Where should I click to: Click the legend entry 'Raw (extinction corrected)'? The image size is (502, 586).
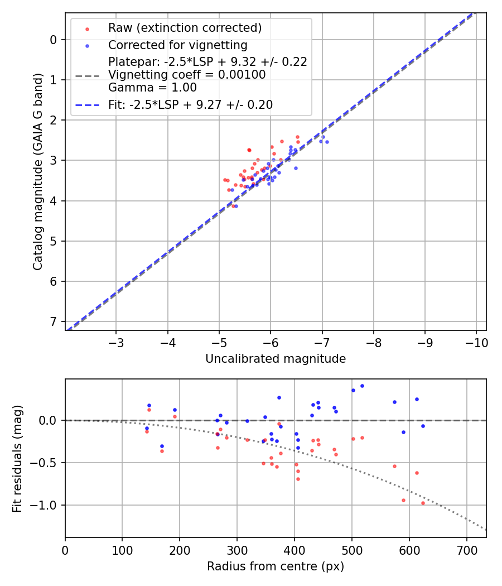click(x=185, y=28)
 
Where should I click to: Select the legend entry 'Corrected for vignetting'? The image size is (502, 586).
click(x=177, y=45)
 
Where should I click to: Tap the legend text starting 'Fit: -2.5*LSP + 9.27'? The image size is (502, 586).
click(x=190, y=104)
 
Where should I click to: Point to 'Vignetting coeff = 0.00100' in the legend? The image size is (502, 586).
click(x=187, y=75)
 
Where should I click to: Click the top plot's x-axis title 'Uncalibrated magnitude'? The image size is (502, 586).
click(x=276, y=359)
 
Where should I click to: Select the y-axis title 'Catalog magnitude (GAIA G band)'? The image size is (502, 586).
click(x=37, y=172)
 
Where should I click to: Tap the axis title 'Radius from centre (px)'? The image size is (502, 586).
click(x=276, y=566)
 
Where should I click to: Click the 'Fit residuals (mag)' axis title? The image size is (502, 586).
click(x=17, y=458)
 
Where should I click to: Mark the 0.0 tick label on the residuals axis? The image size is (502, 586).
click(x=50, y=420)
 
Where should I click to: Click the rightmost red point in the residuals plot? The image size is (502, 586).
click(x=423, y=503)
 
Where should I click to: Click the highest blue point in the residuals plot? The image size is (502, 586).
click(x=362, y=386)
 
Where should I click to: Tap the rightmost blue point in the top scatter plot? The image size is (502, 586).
click(x=327, y=142)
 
